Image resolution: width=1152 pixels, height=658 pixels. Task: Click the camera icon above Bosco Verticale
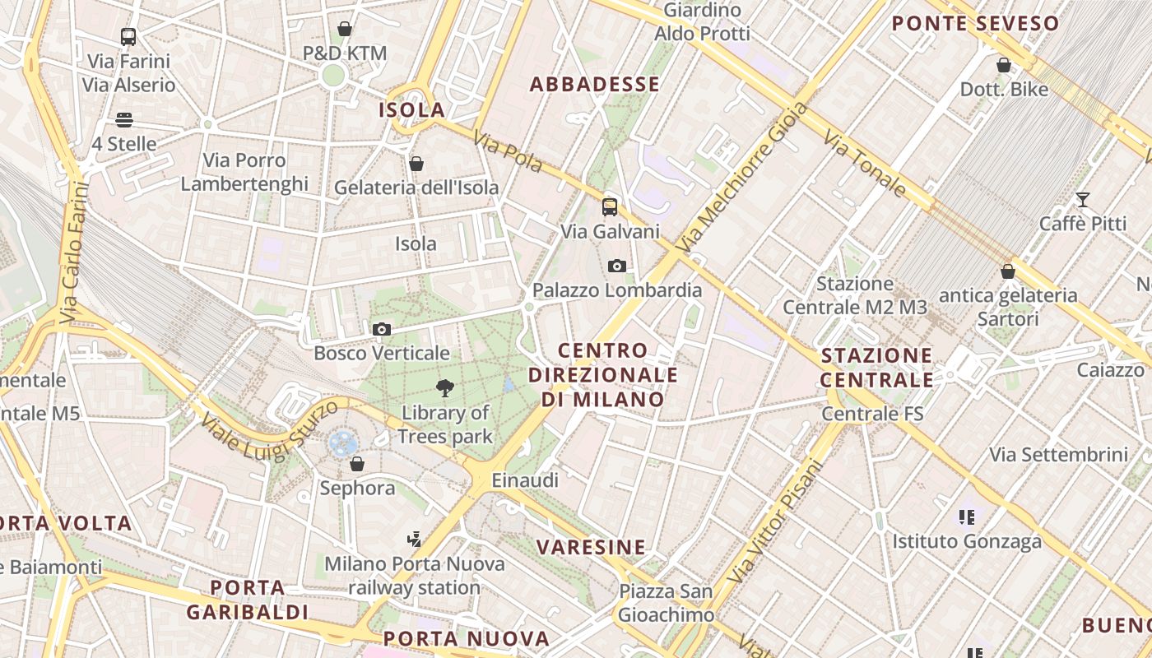381,330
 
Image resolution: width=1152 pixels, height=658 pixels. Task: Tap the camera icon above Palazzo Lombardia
616,266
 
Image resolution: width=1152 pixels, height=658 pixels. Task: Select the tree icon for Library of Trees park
445,388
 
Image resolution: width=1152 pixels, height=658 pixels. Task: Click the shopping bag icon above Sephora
356,464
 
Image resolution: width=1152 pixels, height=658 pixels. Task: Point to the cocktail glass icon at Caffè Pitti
1082,200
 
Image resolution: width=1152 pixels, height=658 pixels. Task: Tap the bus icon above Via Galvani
609,207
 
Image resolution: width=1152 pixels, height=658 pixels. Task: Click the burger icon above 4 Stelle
124,120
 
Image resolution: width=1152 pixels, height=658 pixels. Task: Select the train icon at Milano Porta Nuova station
415,540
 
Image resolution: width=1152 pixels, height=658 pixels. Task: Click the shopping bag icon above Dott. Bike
1004,64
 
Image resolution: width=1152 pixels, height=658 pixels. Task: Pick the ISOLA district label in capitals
411,109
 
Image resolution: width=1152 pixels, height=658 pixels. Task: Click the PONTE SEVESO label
975,24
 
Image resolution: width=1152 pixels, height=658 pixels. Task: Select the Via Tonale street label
864,164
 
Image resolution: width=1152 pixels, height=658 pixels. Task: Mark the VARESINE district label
591,547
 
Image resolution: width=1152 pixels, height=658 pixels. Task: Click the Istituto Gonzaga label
967,541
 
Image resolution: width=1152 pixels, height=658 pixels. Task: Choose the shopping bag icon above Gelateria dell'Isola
416,164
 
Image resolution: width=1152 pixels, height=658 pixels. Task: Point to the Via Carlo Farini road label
74,251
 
